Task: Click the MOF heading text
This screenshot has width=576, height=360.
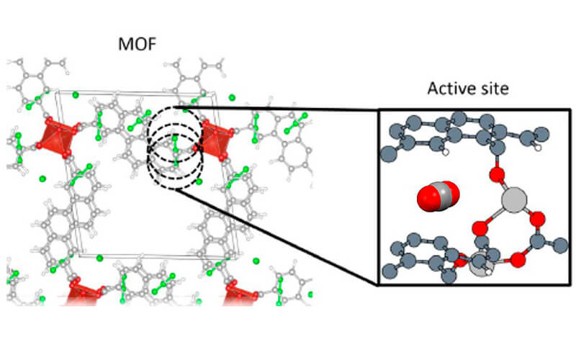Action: [137, 44]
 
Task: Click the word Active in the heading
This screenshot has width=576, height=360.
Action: [450, 89]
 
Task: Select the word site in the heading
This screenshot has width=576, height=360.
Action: [493, 89]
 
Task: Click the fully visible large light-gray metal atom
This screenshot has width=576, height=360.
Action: [514, 199]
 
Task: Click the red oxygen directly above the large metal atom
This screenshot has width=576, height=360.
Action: [497, 173]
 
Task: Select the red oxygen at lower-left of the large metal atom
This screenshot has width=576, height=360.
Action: [479, 228]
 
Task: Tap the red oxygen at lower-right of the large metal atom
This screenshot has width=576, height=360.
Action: [537, 219]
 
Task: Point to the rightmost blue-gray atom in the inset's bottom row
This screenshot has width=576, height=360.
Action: [561, 245]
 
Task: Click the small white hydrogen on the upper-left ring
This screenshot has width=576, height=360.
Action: [446, 152]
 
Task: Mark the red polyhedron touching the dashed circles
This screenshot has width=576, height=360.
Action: [215, 140]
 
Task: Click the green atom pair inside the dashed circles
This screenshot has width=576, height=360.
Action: [176, 150]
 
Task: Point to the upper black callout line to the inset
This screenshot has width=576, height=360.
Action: [277, 108]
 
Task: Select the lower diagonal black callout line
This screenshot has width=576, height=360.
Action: [277, 237]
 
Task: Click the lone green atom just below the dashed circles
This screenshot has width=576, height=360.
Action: [199, 181]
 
